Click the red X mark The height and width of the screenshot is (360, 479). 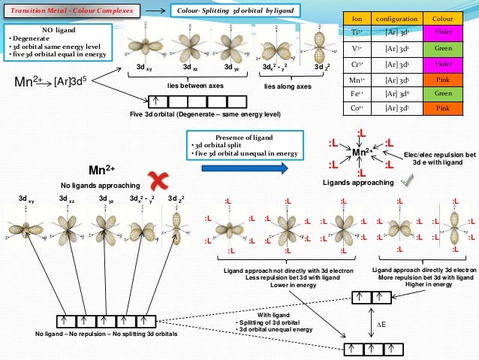[x=158, y=180]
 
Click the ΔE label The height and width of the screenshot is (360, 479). [x=381, y=325]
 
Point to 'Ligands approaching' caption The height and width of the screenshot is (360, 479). [x=359, y=183]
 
